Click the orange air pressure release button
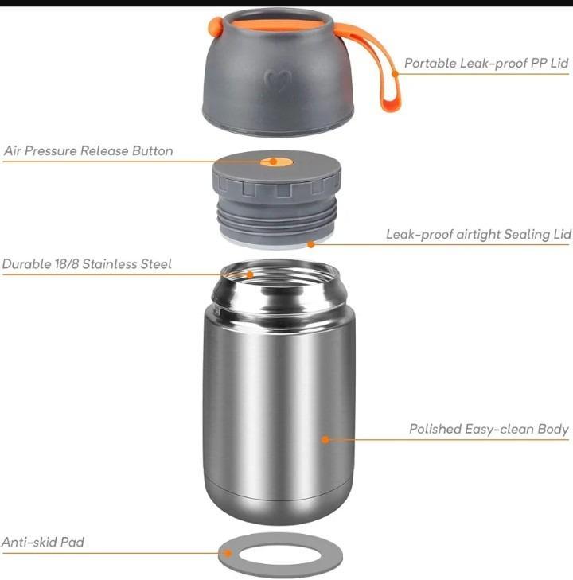273,162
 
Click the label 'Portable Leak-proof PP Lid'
486,63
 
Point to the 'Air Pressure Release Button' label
88,150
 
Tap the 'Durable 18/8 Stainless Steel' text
87,263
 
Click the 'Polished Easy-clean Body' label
489,429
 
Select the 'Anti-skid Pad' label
43,543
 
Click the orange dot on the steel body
325,438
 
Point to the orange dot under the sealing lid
310,244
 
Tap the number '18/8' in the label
61,263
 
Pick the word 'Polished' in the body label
435,429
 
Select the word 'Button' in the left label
151,150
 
